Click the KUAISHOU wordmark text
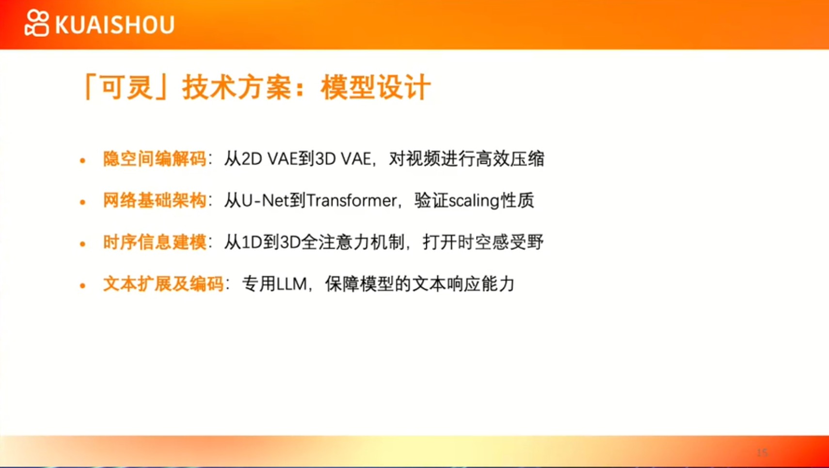click(115, 25)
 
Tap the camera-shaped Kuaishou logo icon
click(37, 23)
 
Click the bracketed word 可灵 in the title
click(127, 87)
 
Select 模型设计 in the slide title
click(376, 87)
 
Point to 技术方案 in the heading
click(237, 87)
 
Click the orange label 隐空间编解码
click(155, 159)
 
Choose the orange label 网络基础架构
click(155, 201)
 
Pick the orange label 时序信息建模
click(155, 243)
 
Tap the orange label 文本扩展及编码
click(163, 284)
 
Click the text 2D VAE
click(270, 159)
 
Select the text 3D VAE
click(343, 159)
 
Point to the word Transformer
click(351, 201)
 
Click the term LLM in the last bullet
click(292, 284)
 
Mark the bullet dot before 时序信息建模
click(82, 244)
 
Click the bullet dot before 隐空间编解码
click(82, 160)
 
